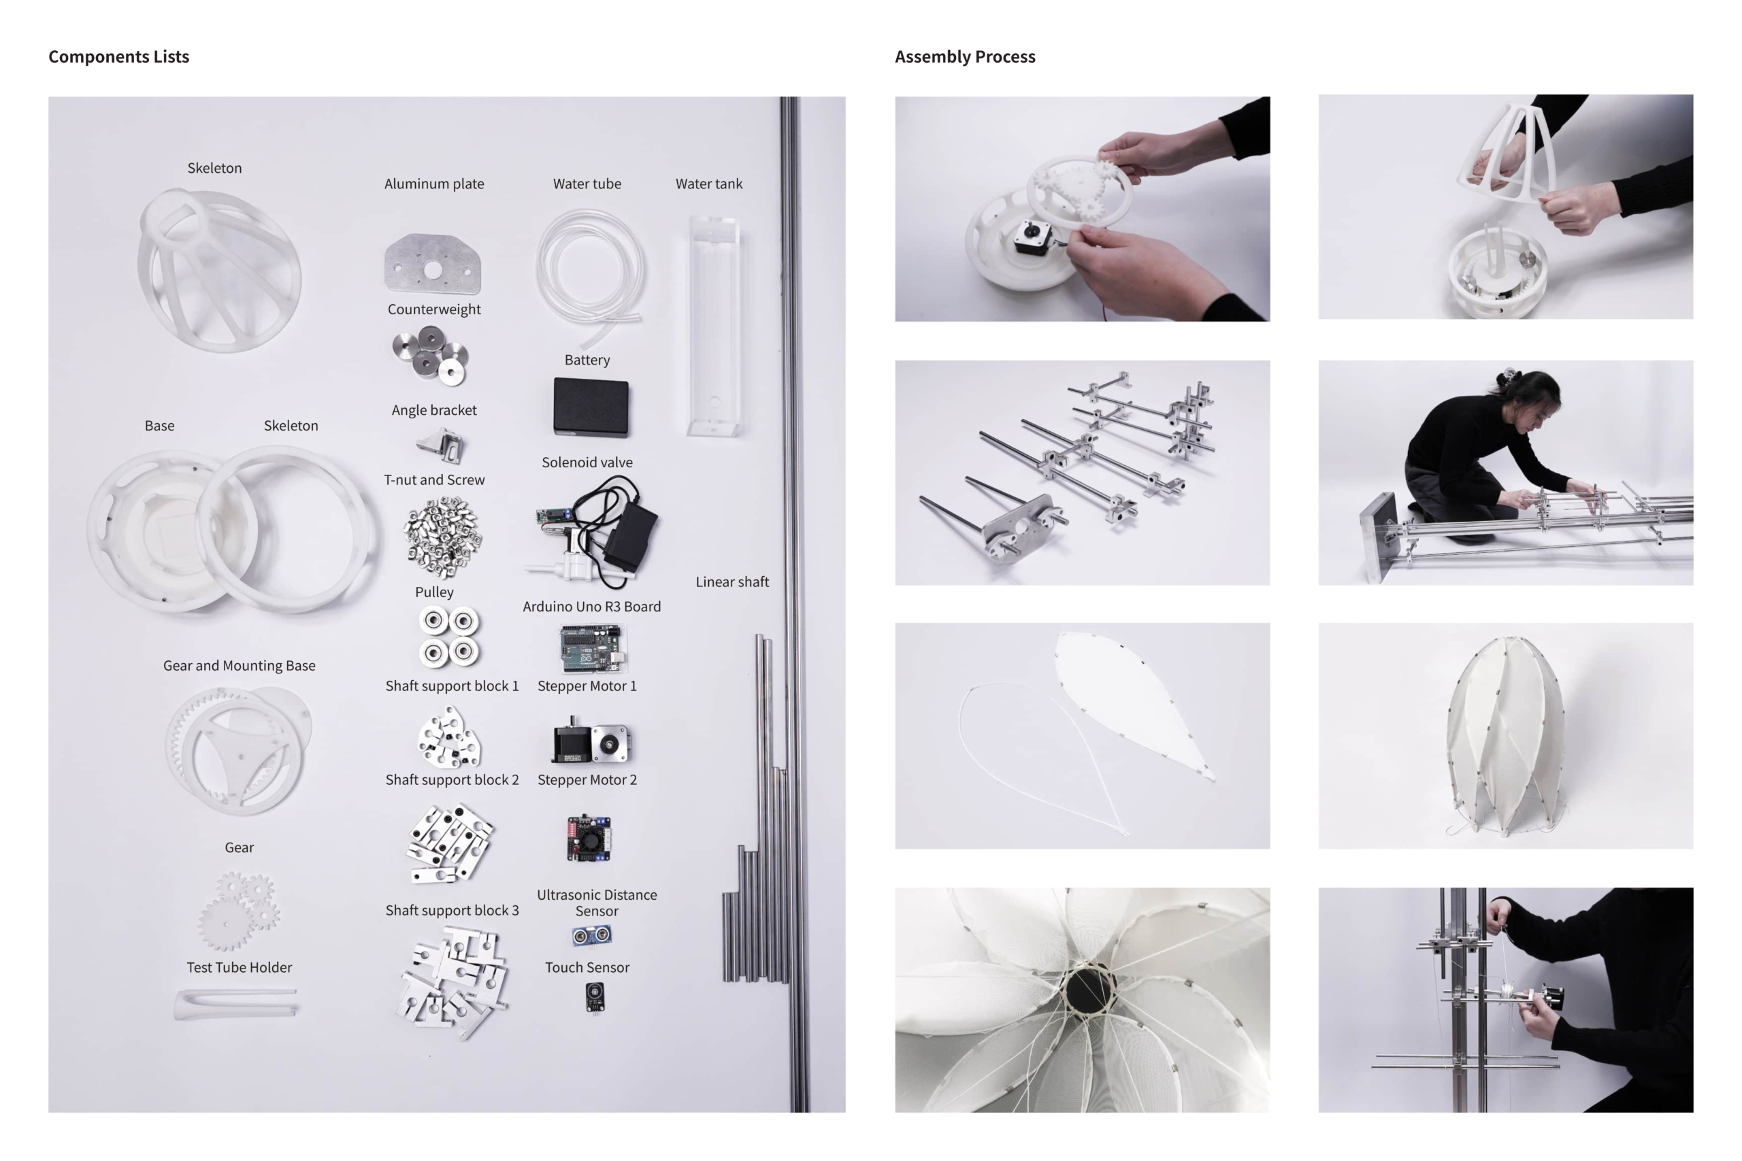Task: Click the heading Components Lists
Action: [118, 57]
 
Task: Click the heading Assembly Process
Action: [965, 57]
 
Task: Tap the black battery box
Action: [591, 407]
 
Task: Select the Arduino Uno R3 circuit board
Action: [593, 649]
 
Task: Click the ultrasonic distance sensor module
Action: [591, 936]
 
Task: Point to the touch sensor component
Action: [594, 997]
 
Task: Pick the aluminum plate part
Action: [433, 264]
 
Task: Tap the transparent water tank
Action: [714, 326]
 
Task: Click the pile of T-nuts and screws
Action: [443, 536]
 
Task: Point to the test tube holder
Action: [235, 1003]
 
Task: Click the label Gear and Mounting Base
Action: [240, 666]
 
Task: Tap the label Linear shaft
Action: [732, 582]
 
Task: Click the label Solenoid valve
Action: [587, 462]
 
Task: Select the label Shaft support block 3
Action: [452, 910]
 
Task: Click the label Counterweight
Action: [434, 309]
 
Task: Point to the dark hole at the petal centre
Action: [1088, 990]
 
